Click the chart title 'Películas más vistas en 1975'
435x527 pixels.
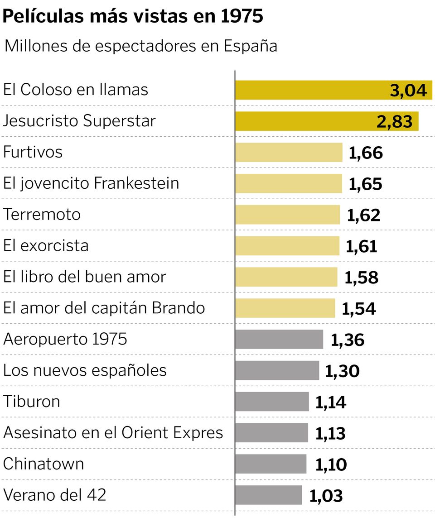pyautogui.click(x=133, y=17)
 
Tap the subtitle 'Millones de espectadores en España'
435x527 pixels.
pyautogui.click(x=140, y=46)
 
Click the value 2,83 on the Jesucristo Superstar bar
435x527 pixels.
pyautogui.click(x=394, y=121)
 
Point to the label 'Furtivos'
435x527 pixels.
pyautogui.click(x=33, y=152)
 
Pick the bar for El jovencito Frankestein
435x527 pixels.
pyautogui.click(x=289, y=183)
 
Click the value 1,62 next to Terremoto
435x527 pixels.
pyautogui.click(x=363, y=215)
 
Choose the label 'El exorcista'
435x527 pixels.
pyautogui.click(x=46, y=245)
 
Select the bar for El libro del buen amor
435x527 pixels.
pyautogui.click(x=286, y=277)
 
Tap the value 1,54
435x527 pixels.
pyautogui.click(x=358, y=308)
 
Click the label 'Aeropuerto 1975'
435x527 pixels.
pyautogui.click(x=65, y=339)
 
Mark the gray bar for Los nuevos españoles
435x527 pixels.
pyautogui.click(x=277, y=370)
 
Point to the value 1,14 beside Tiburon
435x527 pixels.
pyautogui.click(x=330, y=402)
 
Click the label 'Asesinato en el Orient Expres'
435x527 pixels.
pyautogui.click(x=113, y=433)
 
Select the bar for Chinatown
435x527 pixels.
pyautogui.click(x=271, y=464)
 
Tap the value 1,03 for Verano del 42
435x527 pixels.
pyautogui.click(x=326, y=495)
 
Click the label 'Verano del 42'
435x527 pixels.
pyautogui.click(x=54, y=494)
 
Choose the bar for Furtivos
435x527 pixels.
pyautogui.click(x=289, y=152)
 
